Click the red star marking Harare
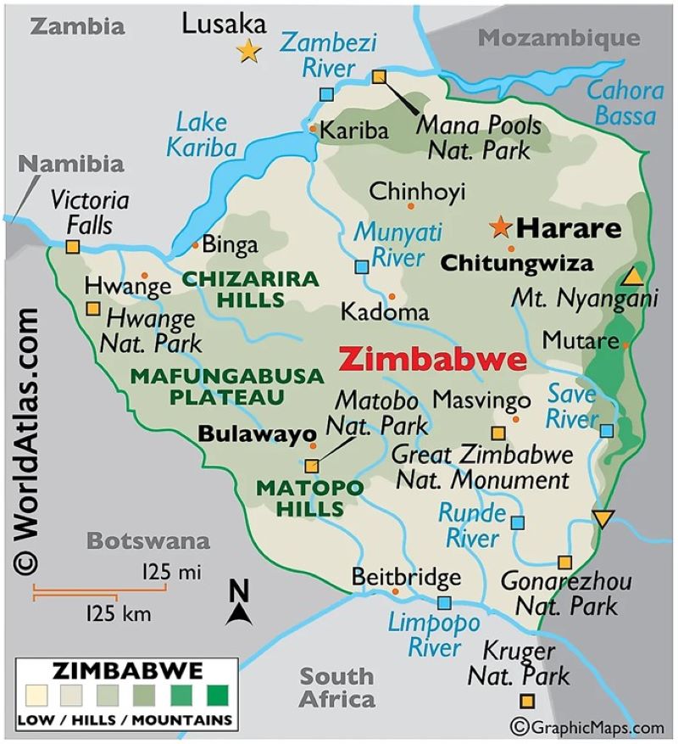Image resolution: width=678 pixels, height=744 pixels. coord(501,227)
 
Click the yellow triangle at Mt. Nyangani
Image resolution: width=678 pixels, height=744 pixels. coord(631,277)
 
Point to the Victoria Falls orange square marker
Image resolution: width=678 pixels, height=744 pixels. coord(73,247)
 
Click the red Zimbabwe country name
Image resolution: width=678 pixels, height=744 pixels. coord(431,359)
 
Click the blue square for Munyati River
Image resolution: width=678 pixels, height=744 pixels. coord(362,266)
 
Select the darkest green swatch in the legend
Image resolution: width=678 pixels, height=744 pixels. coord(218,696)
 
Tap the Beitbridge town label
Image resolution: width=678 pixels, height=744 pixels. coord(407,578)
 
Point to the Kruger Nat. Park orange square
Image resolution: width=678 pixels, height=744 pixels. coord(527,701)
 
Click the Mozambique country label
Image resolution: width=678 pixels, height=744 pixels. coord(559,38)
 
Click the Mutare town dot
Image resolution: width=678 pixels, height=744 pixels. coord(625,345)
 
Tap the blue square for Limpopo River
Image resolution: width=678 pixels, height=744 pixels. coord(444,602)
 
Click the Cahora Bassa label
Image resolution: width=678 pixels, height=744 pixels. coord(625,103)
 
